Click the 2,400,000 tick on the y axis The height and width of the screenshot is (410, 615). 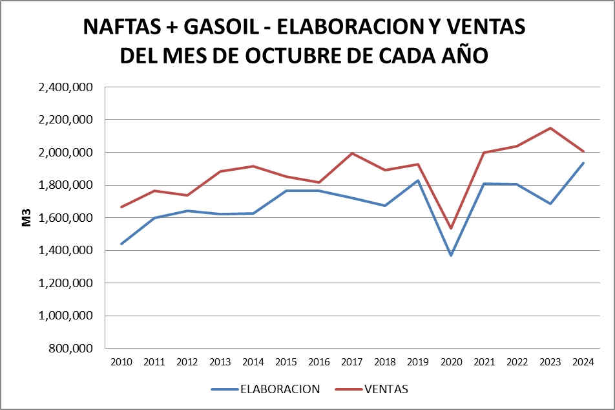tap(66, 87)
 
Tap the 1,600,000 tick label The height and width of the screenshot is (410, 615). tap(66, 218)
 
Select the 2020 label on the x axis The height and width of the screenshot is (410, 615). tap(451, 362)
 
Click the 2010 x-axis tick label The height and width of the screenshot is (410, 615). tap(121, 362)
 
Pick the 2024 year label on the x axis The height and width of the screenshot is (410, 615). tap(583, 362)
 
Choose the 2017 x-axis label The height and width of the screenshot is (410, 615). tap(352, 362)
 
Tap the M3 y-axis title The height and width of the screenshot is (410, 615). tap(26, 217)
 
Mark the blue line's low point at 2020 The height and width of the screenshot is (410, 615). tap(451, 255)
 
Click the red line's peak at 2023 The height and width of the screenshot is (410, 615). tap(550, 128)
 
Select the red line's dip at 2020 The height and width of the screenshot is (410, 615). tap(451, 228)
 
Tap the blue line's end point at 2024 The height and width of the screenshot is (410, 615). tap(583, 163)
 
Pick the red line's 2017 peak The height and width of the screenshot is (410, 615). tap(352, 153)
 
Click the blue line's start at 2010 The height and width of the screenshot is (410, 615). tap(121, 244)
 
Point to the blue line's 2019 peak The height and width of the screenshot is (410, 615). tap(418, 180)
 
